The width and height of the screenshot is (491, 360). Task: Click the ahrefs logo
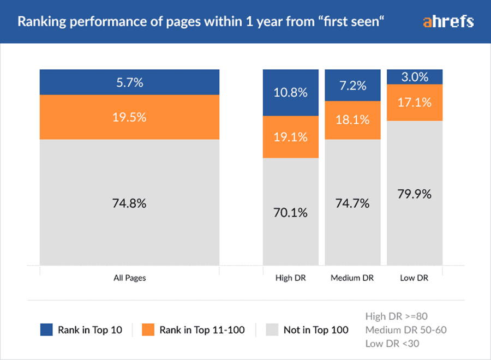coord(448,22)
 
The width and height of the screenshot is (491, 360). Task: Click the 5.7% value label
coord(129,82)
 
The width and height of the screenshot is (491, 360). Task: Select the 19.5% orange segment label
coord(129,117)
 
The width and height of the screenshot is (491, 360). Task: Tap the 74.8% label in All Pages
coord(129,203)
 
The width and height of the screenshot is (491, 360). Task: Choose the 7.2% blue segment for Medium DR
coord(353,86)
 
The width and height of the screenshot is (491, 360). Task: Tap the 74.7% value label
coord(353,203)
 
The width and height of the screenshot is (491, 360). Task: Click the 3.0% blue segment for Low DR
coord(415,77)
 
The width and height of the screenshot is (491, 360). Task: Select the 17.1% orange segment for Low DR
coord(415,102)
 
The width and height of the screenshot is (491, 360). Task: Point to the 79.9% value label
coord(415,194)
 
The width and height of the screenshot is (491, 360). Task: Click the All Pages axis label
coord(129,278)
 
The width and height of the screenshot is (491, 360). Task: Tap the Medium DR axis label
coord(353,278)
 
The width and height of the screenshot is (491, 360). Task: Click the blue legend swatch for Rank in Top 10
coord(46,329)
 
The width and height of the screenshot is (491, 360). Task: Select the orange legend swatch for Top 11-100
coord(148,329)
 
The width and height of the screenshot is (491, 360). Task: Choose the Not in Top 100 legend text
coord(316,329)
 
